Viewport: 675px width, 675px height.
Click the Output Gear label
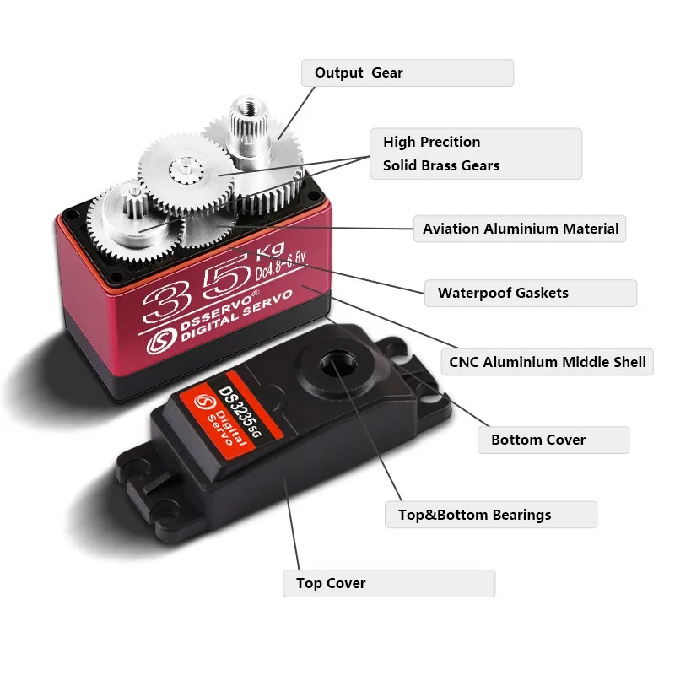coord(408,73)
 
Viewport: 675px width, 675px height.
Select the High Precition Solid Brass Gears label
coord(476,154)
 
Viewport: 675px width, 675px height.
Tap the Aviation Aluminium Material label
coord(520,229)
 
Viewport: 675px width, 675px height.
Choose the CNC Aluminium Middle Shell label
coord(547,363)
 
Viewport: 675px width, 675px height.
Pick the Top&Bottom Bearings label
coord(490,515)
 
